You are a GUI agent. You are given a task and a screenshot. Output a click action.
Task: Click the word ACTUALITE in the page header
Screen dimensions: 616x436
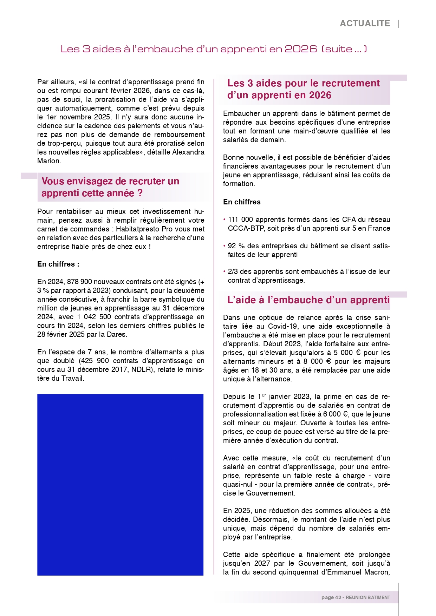point(365,24)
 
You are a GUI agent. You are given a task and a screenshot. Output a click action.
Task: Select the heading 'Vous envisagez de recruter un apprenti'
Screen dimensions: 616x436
point(110,187)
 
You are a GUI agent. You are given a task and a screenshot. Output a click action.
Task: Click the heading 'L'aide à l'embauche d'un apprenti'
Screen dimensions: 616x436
point(308,300)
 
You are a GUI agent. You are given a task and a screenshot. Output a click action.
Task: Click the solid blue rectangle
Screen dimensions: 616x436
point(120,485)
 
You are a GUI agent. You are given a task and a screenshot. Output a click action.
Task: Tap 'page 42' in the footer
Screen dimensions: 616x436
point(331,597)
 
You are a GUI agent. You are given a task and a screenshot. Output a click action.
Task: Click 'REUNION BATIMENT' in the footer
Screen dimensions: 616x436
point(368,597)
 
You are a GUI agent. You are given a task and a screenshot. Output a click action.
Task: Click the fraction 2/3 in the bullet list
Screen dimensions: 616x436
point(233,271)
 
